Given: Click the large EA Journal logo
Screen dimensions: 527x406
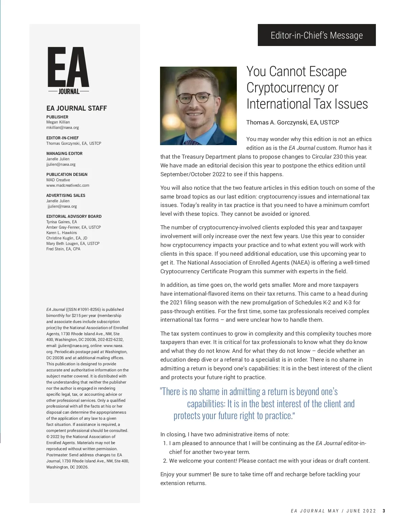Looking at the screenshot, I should point(68,70).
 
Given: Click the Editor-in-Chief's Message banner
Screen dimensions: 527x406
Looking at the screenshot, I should point(317,35).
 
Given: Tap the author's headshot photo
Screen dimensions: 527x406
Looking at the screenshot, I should point(198,106).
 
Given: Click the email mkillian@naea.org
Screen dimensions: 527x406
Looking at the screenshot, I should point(63,128).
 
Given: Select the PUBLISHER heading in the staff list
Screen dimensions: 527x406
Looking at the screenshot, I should point(57,117).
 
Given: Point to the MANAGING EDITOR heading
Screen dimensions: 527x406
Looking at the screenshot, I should point(64,154).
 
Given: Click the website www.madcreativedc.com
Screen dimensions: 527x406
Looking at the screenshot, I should point(68,185).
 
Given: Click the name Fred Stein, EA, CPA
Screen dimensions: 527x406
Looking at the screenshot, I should point(63,249).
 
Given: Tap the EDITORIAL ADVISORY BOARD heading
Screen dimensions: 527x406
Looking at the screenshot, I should point(74,216).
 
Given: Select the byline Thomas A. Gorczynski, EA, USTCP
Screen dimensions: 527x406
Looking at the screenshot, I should point(292,122).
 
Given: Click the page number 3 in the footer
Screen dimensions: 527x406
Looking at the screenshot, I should point(384,511).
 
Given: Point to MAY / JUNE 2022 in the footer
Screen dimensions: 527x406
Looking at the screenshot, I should point(352,511).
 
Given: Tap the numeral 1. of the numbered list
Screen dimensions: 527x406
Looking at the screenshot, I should point(165,443).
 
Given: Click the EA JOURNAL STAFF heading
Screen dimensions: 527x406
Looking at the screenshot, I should point(76,108).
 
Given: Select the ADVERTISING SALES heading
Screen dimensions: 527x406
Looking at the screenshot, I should point(66,196).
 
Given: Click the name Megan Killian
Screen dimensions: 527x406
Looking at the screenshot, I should point(58,122).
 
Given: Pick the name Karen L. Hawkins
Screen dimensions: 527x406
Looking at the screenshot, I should point(62,233).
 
